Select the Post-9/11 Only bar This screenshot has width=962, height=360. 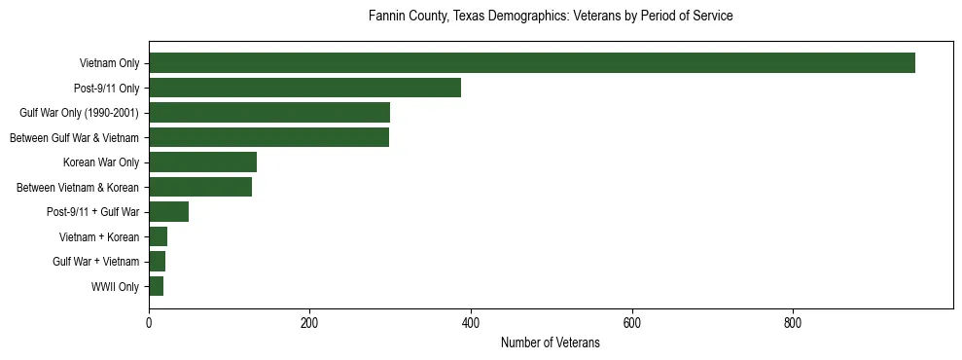pyautogui.click(x=304, y=88)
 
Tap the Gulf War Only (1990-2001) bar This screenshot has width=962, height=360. pyautogui.click(x=268, y=112)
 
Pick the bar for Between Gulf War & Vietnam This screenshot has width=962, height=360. pyautogui.click(x=268, y=137)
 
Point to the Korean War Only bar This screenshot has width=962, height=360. pyautogui.click(x=202, y=162)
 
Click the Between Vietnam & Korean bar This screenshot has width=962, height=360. pyautogui.click(x=200, y=187)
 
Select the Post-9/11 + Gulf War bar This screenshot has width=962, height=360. pyautogui.click(x=168, y=212)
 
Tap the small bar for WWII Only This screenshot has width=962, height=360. pyautogui.click(x=156, y=286)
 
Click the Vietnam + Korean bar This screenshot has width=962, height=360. pyautogui.click(x=158, y=236)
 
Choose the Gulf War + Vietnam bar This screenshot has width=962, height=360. pyautogui.click(x=157, y=262)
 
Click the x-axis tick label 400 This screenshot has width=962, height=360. pyautogui.click(x=471, y=324)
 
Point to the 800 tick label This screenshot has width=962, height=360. pyautogui.click(x=793, y=324)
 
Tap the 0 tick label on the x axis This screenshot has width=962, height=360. pyautogui.click(x=149, y=324)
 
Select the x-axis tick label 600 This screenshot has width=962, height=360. pyautogui.click(x=632, y=324)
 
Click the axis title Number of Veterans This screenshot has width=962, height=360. pyautogui.click(x=550, y=342)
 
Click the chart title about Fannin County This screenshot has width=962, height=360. pyautogui.click(x=551, y=17)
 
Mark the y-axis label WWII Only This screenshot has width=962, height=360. pyautogui.click(x=115, y=287)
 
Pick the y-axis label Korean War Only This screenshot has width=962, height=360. pyautogui.click(x=101, y=162)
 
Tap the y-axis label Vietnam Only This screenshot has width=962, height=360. pyautogui.click(x=109, y=63)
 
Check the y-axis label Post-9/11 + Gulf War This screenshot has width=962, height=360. pyautogui.click(x=92, y=212)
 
